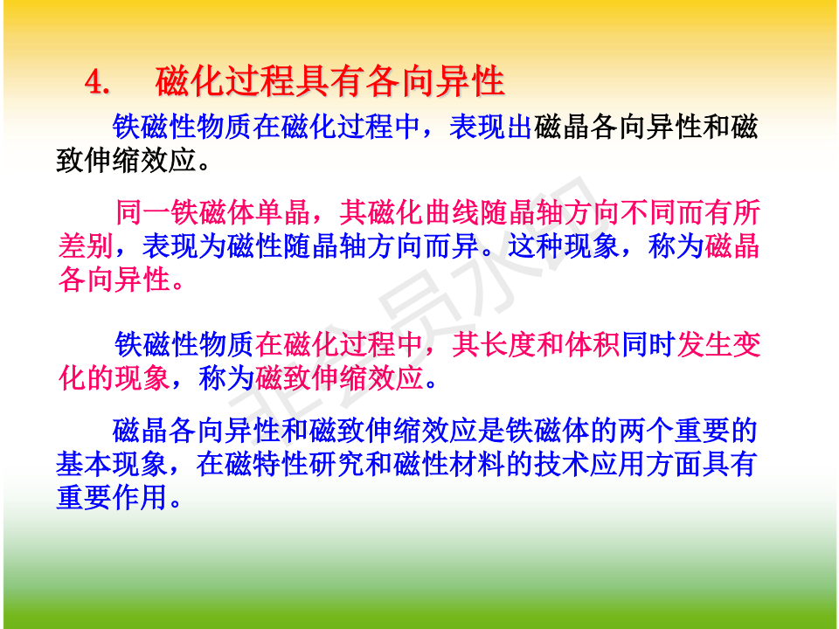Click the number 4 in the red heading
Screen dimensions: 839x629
click(x=94, y=84)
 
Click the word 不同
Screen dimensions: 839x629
click(x=648, y=212)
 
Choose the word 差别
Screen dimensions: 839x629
click(x=86, y=245)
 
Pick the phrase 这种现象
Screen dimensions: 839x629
click(x=564, y=245)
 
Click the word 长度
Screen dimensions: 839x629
click(x=508, y=344)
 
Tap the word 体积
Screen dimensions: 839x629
click(x=592, y=344)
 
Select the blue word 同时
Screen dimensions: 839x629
click(x=648, y=344)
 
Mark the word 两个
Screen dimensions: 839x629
click(x=648, y=431)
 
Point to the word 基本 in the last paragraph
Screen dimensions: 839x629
click(x=85, y=464)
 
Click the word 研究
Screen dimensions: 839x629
click(x=337, y=464)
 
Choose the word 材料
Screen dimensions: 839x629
click(x=478, y=464)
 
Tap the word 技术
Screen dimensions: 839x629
click(x=562, y=464)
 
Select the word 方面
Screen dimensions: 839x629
click(x=674, y=464)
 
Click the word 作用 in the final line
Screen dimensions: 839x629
click(x=140, y=497)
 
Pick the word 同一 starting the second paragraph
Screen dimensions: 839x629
click(x=143, y=212)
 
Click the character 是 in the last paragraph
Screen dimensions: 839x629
click(x=491, y=431)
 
